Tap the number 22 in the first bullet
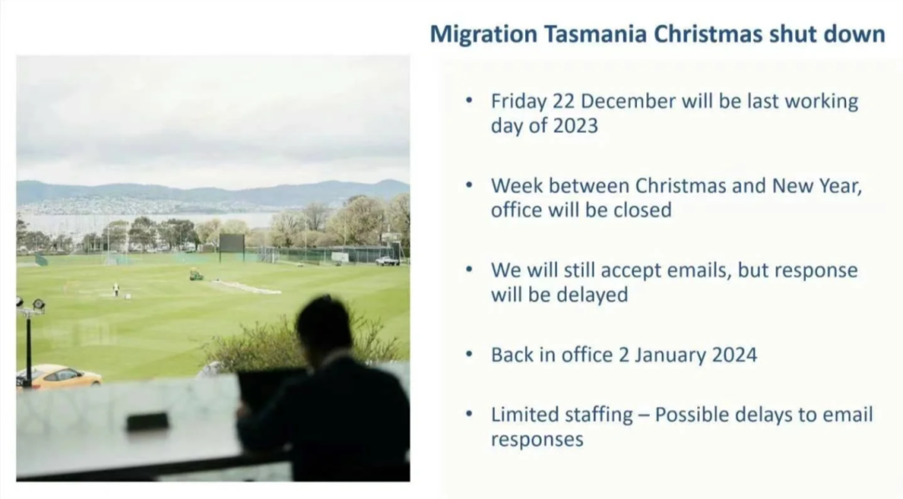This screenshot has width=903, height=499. pyautogui.click(x=564, y=101)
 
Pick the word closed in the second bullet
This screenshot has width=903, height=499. pyautogui.click(x=642, y=210)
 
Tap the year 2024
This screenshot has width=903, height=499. pyautogui.click(x=734, y=355)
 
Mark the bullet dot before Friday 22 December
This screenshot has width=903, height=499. pyautogui.click(x=469, y=99)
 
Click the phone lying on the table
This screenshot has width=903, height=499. pyautogui.click(x=147, y=422)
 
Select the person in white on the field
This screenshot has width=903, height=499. pyautogui.click(x=115, y=289)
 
